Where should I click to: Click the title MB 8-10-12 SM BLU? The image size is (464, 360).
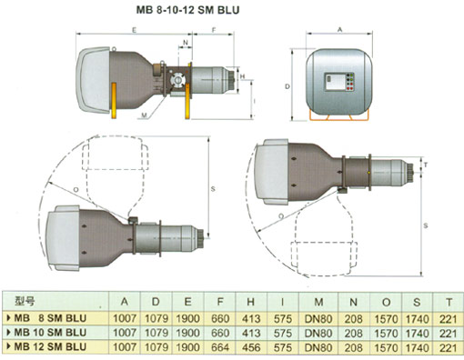pos(187,10)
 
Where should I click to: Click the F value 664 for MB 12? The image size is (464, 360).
pos(220,347)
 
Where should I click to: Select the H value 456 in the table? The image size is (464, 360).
pos(251,347)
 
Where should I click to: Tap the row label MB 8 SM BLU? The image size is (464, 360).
pos(50,318)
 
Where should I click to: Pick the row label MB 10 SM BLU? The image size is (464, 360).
pos(50,333)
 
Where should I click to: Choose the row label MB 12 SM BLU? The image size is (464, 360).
pos(50,346)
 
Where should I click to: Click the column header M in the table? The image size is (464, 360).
pos(318,302)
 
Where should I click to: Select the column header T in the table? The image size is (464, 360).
pos(449,302)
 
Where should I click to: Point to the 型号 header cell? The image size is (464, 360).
pos(25,301)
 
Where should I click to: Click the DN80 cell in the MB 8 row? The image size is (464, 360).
pos(318,319)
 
